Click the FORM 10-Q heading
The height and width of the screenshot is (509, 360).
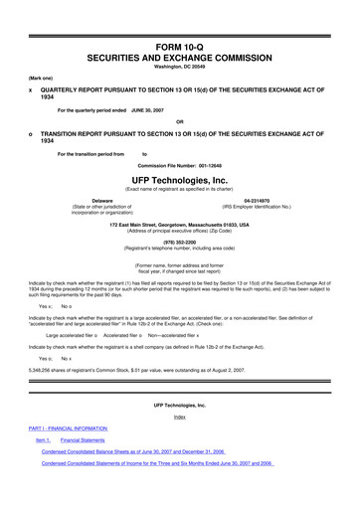179,13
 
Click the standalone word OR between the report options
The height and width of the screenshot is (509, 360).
180,121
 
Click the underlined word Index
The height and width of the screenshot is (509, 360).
180,417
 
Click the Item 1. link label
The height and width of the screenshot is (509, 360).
42,438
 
